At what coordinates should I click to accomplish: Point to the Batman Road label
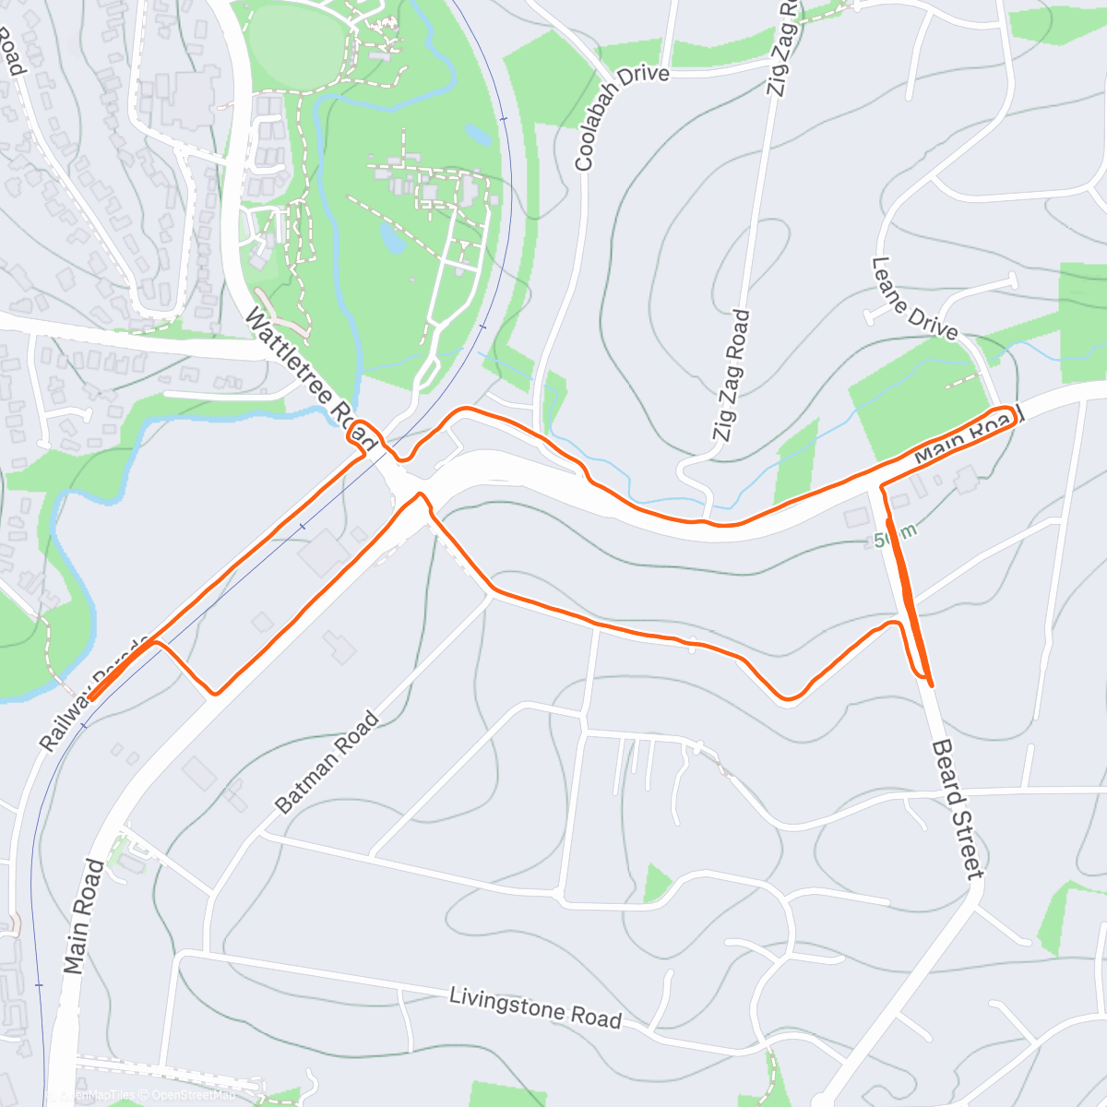click(x=327, y=763)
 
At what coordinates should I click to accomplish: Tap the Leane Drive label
click(x=914, y=298)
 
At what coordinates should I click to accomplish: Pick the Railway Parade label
click(x=92, y=694)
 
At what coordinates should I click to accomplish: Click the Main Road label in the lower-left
click(x=83, y=916)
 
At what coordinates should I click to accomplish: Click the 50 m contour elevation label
click(x=895, y=536)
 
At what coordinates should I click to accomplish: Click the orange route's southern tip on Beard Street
click(x=930, y=684)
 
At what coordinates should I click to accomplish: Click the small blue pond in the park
click(x=391, y=240)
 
